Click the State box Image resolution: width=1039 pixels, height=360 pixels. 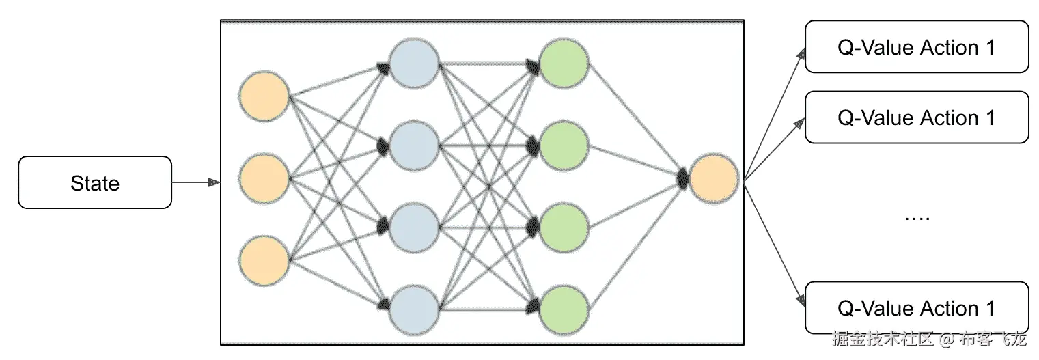[94, 182]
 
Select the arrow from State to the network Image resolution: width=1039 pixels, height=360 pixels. [195, 182]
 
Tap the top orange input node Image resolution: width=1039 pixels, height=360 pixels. [264, 98]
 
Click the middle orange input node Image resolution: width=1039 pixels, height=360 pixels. [264, 179]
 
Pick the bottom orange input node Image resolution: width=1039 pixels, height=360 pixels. [264, 260]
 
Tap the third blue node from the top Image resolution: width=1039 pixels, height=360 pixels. [414, 227]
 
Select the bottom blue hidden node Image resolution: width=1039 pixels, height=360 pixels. [414, 309]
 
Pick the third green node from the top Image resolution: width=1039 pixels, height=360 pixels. [564, 227]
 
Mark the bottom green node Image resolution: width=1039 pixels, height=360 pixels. [564, 309]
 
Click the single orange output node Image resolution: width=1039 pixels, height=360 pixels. [714, 179]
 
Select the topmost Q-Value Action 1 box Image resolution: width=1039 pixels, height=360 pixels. [917, 46]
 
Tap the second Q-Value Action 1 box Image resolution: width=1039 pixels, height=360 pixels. [917, 117]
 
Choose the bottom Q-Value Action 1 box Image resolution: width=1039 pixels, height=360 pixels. [917, 307]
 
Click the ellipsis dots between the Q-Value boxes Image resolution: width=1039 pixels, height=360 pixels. [917, 218]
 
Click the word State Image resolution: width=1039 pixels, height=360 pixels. [94, 183]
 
